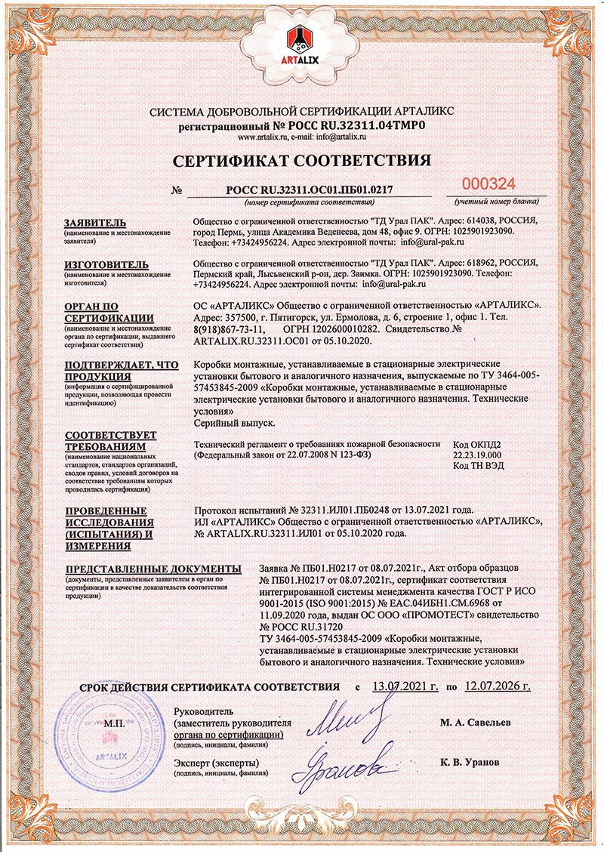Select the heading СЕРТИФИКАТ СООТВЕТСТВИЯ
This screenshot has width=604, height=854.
(302, 160)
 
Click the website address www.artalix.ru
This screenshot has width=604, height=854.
(263, 137)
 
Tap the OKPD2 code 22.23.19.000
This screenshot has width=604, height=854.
(476, 455)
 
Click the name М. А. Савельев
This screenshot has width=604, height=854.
(475, 723)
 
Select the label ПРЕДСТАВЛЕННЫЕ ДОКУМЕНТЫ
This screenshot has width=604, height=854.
(153, 569)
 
